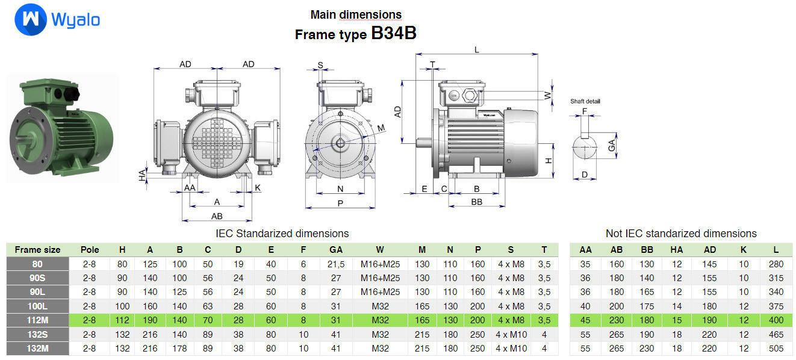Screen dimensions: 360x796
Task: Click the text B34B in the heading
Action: pyautogui.click(x=394, y=34)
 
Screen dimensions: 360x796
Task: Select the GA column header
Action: pyautogui.click(x=336, y=250)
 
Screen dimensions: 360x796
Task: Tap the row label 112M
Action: pyautogui.click(x=37, y=320)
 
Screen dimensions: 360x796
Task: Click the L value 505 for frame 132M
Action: pyautogui.click(x=776, y=348)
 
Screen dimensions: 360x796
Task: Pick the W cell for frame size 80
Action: pyautogui.click(x=380, y=264)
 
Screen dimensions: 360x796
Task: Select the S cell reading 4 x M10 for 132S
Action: pyautogui.click(x=511, y=334)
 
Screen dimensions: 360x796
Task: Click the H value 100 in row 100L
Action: pyautogui.click(x=122, y=306)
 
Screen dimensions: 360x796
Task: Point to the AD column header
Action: pyautogui.click(x=710, y=250)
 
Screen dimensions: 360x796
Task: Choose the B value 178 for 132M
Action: pyautogui.click(x=179, y=348)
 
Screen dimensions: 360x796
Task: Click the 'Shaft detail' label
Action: pyautogui.click(x=585, y=101)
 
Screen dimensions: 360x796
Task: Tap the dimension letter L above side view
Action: pyautogui.click(x=477, y=49)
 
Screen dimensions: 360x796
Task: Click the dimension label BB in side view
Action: pyautogui.click(x=476, y=202)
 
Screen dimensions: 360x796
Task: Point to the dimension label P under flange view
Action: pyautogui.click(x=340, y=203)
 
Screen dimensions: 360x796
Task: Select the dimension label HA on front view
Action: pyautogui.click(x=142, y=175)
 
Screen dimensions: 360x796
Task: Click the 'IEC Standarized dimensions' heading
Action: pyautogui.click(x=282, y=233)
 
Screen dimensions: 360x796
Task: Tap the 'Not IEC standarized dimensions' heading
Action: pyautogui.click(x=680, y=233)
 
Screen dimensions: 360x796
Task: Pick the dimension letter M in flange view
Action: pyautogui.click(x=381, y=128)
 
